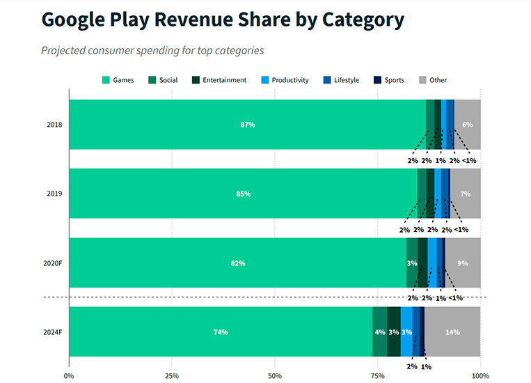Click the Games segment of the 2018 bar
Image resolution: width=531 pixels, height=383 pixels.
[209, 125]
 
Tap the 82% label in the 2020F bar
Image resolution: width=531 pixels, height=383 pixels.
[238, 263]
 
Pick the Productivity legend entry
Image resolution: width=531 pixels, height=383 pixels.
[285, 80]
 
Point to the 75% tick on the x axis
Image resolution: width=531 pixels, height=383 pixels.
[377, 376]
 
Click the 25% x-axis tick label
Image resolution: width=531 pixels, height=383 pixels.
[171, 376]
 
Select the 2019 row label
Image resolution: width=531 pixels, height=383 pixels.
[54, 194]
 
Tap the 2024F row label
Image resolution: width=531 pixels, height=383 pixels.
[52, 332]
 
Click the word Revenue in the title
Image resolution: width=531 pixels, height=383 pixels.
[199, 19]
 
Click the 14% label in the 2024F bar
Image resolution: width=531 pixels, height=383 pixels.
[452, 332]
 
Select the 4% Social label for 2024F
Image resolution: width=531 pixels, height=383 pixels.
[380, 332]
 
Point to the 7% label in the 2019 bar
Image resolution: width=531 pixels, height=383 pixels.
[466, 194]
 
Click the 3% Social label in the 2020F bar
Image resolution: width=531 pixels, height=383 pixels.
[412, 263]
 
